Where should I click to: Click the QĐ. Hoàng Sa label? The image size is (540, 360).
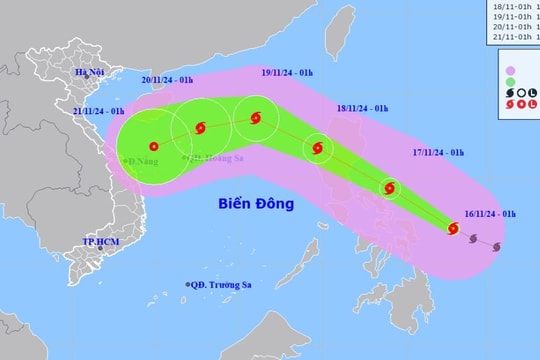click(215, 157)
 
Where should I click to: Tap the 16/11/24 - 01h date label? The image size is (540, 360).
click(490, 214)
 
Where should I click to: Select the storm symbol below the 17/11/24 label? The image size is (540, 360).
click(389, 187)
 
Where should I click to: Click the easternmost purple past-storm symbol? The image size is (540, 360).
click(497, 248)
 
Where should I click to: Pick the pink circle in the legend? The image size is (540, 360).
click(513, 70)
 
